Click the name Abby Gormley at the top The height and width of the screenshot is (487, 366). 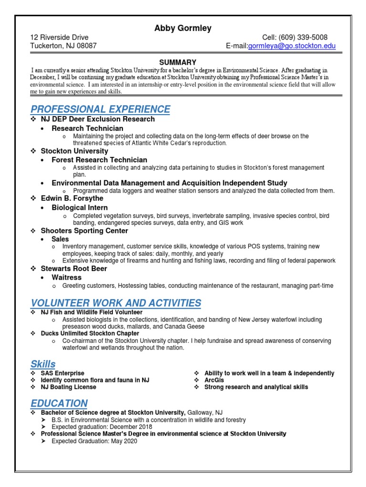coord(183,28)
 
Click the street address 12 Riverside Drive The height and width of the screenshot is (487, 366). coord(60,38)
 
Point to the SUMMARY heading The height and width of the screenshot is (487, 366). coord(178,62)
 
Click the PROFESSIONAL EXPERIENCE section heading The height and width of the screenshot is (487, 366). coord(101,109)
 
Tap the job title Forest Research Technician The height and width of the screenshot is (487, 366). coord(99,160)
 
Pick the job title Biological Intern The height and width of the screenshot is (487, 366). coord(80,208)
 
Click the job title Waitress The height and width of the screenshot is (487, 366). coord(67,277)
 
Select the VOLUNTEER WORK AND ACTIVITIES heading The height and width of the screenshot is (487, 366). coord(116,303)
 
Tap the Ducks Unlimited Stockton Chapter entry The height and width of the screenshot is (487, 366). coord(90,333)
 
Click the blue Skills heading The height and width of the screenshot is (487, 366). coord(43,364)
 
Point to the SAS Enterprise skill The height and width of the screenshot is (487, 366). coord(62,373)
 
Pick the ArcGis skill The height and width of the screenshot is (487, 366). coord(214,380)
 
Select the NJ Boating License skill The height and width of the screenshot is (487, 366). coord(69,387)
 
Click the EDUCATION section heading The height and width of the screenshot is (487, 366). coord(59,403)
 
